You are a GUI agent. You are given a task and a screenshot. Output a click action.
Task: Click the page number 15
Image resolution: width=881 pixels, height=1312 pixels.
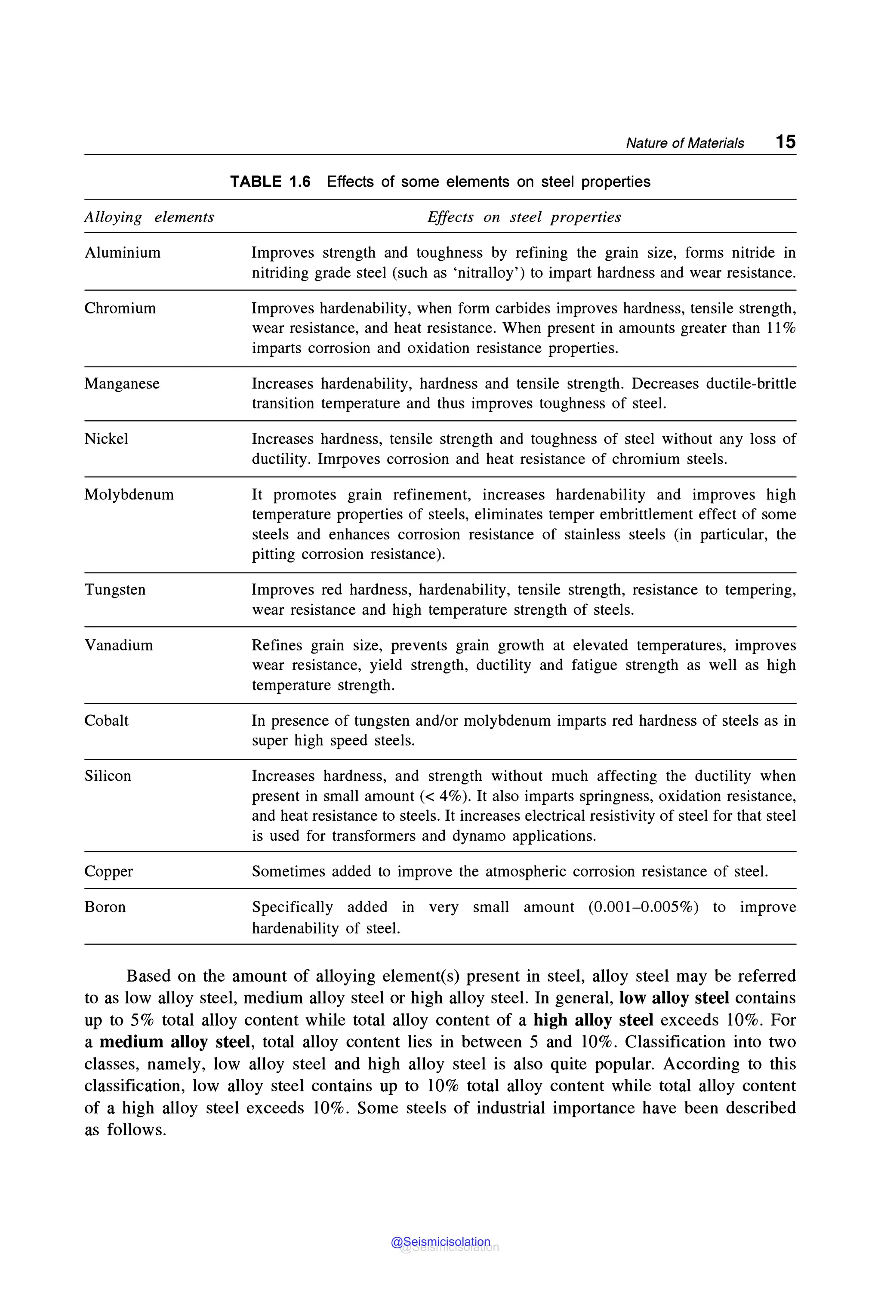pyautogui.click(x=785, y=142)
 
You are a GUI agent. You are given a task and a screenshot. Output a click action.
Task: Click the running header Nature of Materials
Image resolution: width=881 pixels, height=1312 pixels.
pyautogui.click(x=684, y=143)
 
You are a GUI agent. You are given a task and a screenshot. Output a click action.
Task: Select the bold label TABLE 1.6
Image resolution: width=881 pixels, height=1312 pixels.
pyautogui.click(x=270, y=182)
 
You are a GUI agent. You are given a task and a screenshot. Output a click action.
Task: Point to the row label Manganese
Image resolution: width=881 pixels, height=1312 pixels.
pyautogui.click(x=122, y=383)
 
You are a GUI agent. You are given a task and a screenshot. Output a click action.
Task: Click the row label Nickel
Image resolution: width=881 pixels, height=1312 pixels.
pyautogui.click(x=106, y=438)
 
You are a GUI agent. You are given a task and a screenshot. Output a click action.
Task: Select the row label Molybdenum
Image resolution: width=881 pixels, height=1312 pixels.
pyautogui.click(x=129, y=494)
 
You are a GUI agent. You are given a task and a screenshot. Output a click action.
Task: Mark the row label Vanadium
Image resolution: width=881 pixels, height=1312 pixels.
pyautogui.click(x=119, y=645)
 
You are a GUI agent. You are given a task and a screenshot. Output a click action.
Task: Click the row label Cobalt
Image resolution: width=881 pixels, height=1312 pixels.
pyautogui.click(x=106, y=721)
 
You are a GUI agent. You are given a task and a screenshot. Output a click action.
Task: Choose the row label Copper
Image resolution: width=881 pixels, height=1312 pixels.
pyautogui.click(x=108, y=871)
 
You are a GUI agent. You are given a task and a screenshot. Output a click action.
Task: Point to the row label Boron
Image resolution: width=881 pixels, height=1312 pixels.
pyautogui.click(x=105, y=907)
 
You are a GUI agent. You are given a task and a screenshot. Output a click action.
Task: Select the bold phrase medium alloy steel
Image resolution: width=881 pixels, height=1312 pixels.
pyautogui.click(x=174, y=1042)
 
